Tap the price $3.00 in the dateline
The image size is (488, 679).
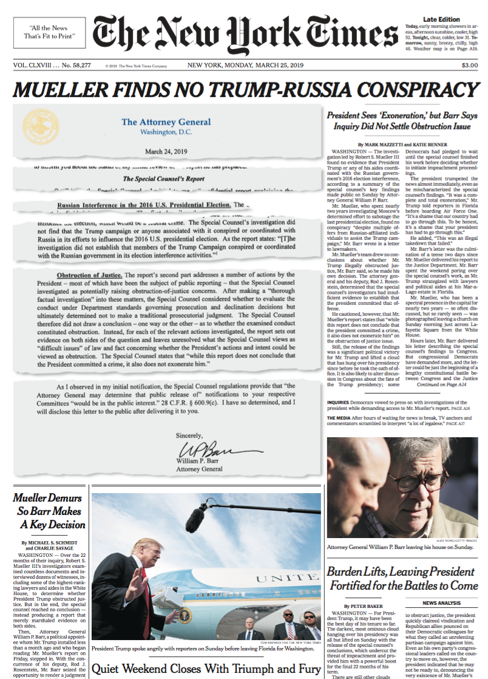(x=469, y=66)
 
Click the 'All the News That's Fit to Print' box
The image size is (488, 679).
(x=49, y=32)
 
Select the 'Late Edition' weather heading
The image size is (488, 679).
(x=441, y=20)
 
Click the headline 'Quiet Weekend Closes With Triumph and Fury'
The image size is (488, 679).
(x=206, y=669)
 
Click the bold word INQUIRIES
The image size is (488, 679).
(x=338, y=402)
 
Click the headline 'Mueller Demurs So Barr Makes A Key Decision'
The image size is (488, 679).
(x=49, y=511)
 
